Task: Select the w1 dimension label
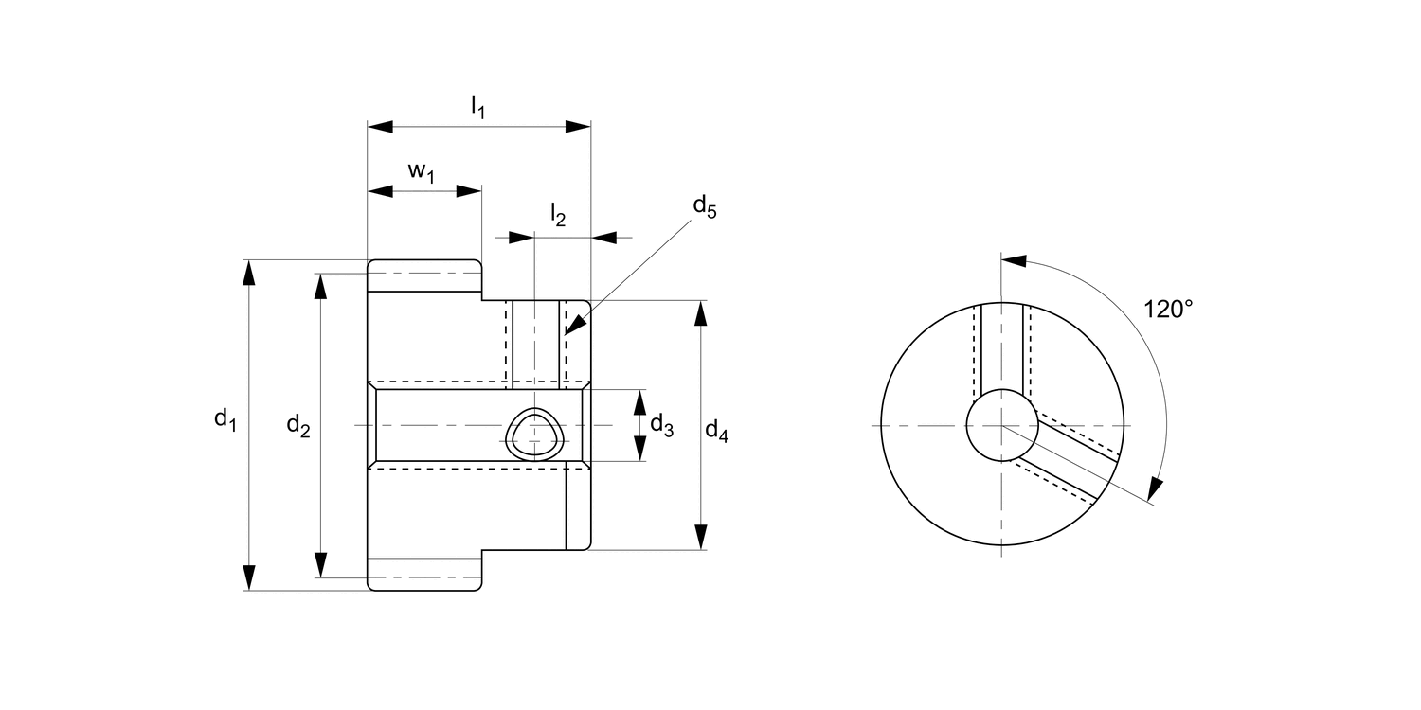422,172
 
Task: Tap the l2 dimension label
558,217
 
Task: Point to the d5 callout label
704,206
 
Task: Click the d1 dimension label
224,419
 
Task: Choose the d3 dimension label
662,427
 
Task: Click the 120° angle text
1167,310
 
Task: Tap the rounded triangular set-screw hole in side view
534,435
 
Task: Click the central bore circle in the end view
1001,425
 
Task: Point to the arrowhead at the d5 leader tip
572,326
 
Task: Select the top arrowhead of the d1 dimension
249,272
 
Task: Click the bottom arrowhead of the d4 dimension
701,537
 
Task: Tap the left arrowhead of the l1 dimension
380,127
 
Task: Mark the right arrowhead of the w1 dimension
470,191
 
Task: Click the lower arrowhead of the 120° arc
1153,488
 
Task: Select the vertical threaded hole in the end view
1001,346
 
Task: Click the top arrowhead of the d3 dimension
639,401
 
